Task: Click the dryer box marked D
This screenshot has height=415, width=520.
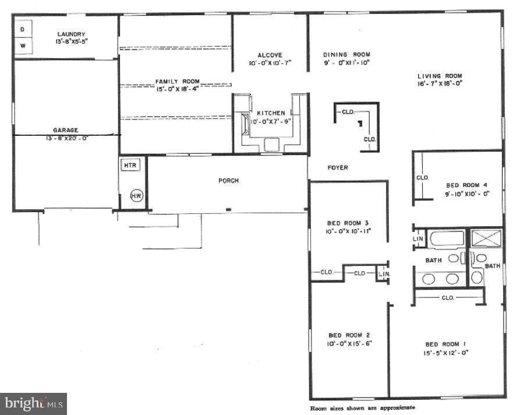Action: tap(23, 29)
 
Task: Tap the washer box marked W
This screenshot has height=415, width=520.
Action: tap(23, 45)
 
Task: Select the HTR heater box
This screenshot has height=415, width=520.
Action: tap(129, 166)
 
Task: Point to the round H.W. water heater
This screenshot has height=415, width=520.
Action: tap(136, 195)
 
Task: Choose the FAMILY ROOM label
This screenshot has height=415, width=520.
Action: tap(177, 81)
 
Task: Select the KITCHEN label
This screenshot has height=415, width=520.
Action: tap(271, 112)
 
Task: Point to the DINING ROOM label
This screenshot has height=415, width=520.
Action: tap(347, 54)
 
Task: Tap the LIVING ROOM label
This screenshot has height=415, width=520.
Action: tap(440, 76)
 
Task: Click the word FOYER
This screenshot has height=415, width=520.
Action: tap(337, 168)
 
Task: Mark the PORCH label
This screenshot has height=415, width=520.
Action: tap(228, 180)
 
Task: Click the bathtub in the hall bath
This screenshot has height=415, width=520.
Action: tap(447, 239)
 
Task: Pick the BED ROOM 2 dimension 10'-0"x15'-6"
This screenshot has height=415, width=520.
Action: tap(349, 343)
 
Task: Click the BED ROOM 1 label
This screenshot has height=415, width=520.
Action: tap(447, 344)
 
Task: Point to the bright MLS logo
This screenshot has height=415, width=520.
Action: tap(33, 403)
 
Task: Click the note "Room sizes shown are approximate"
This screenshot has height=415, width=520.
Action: tap(362, 407)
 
